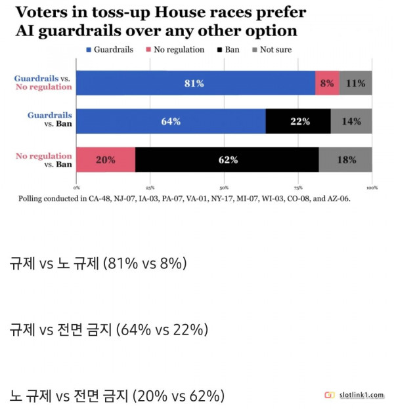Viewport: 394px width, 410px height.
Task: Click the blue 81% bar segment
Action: pos(196,83)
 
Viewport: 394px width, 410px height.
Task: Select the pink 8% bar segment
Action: pos(327,83)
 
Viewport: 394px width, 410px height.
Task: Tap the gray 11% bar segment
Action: pos(355,83)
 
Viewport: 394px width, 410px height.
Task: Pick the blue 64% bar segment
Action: pos(171,121)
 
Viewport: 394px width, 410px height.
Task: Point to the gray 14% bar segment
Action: pos(351,121)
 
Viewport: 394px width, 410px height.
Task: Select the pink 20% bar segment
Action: pos(106,159)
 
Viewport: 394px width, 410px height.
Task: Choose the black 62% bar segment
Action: pos(227,159)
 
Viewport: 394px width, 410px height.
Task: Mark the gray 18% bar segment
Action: pos(345,159)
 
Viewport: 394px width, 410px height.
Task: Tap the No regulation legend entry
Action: pos(174,49)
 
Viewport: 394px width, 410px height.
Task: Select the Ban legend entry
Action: pos(228,49)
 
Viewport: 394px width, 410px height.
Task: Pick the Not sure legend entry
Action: pos(271,49)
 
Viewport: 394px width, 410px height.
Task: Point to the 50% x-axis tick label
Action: pos(225,186)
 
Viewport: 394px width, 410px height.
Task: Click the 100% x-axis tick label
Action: pos(371,186)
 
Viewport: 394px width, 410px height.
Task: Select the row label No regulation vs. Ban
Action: pos(43,159)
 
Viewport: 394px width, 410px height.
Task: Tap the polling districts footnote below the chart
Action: pos(185,197)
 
